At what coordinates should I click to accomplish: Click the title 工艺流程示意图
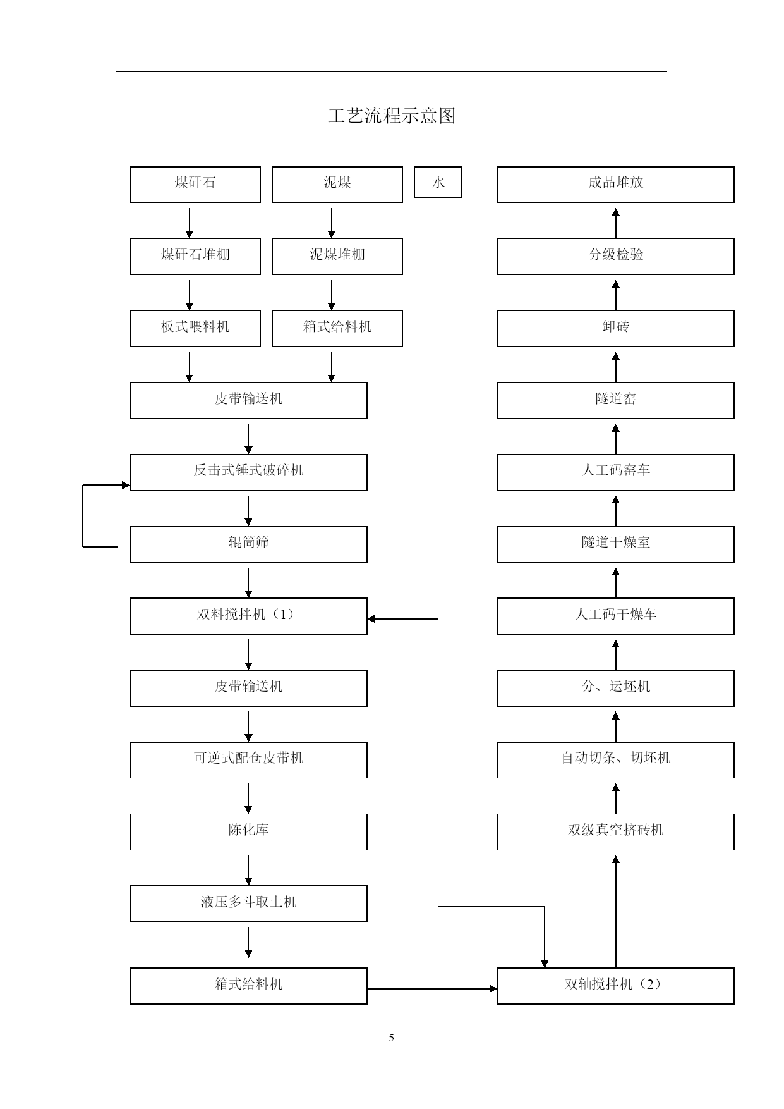(x=392, y=116)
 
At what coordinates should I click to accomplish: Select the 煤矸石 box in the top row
(x=195, y=185)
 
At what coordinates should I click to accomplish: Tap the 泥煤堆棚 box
(x=337, y=257)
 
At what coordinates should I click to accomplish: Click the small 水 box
(x=438, y=182)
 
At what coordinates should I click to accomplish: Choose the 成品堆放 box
(x=615, y=185)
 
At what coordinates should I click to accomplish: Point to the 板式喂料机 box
(x=195, y=328)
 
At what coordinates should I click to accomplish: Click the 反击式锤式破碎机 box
(x=248, y=472)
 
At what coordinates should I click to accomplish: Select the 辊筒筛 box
(x=248, y=544)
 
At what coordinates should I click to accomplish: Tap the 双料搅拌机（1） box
(x=248, y=616)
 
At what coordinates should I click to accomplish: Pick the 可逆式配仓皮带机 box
(x=248, y=760)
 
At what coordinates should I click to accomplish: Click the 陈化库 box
(x=248, y=832)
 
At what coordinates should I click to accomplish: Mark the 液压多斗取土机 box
(x=248, y=904)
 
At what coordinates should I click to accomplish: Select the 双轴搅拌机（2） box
(x=615, y=986)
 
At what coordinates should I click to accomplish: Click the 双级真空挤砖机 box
(x=615, y=832)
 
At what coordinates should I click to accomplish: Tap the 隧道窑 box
(x=615, y=400)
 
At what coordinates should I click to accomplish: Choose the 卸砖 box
(x=615, y=328)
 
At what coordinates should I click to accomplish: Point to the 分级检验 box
(x=615, y=257)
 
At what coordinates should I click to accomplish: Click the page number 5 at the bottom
(x=392, y=1038)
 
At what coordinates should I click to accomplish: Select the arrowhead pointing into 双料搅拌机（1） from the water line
(x=371, y=619)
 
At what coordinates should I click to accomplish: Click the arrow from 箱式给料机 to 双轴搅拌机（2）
(x=432, y=989)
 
